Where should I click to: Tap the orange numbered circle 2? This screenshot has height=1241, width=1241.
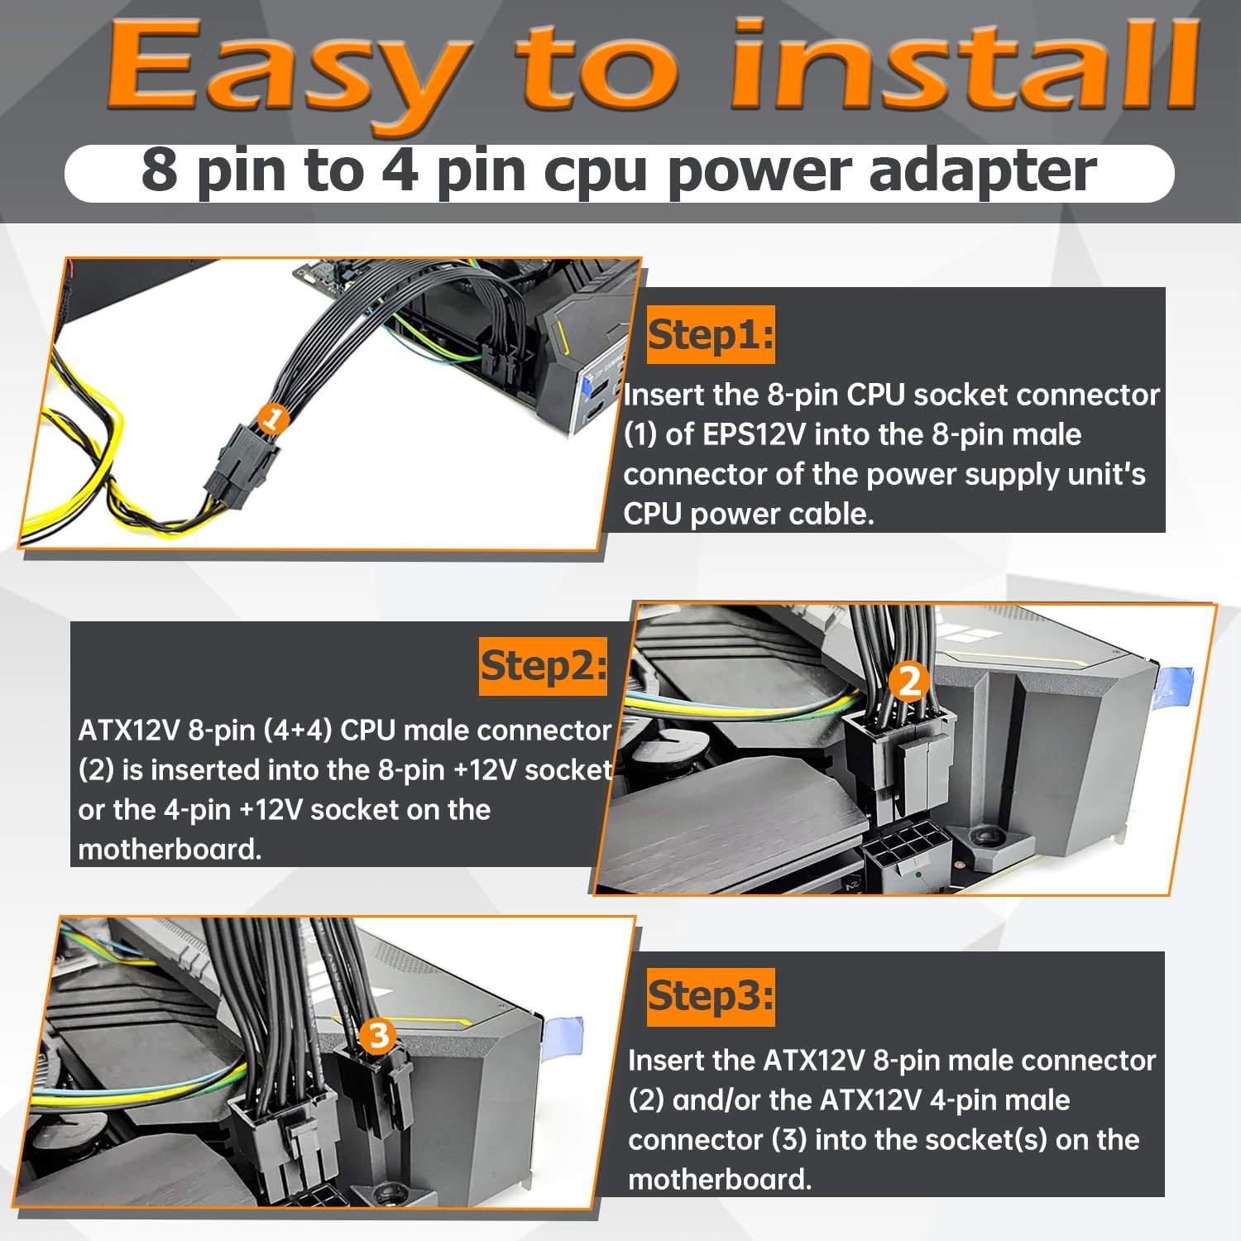pos(909,681)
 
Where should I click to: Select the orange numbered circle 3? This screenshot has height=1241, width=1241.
pos(379,1035)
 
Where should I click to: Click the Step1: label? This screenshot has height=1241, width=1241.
pos(711,335)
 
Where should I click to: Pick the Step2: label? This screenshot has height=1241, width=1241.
pos(544,666)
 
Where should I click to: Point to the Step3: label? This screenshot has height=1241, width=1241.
pos(711,997)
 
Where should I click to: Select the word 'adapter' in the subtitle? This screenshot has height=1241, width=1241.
pos(983,172)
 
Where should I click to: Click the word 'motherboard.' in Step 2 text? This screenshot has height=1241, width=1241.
pos(170,850)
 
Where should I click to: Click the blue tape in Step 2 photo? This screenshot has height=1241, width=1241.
pos(1175,689)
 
